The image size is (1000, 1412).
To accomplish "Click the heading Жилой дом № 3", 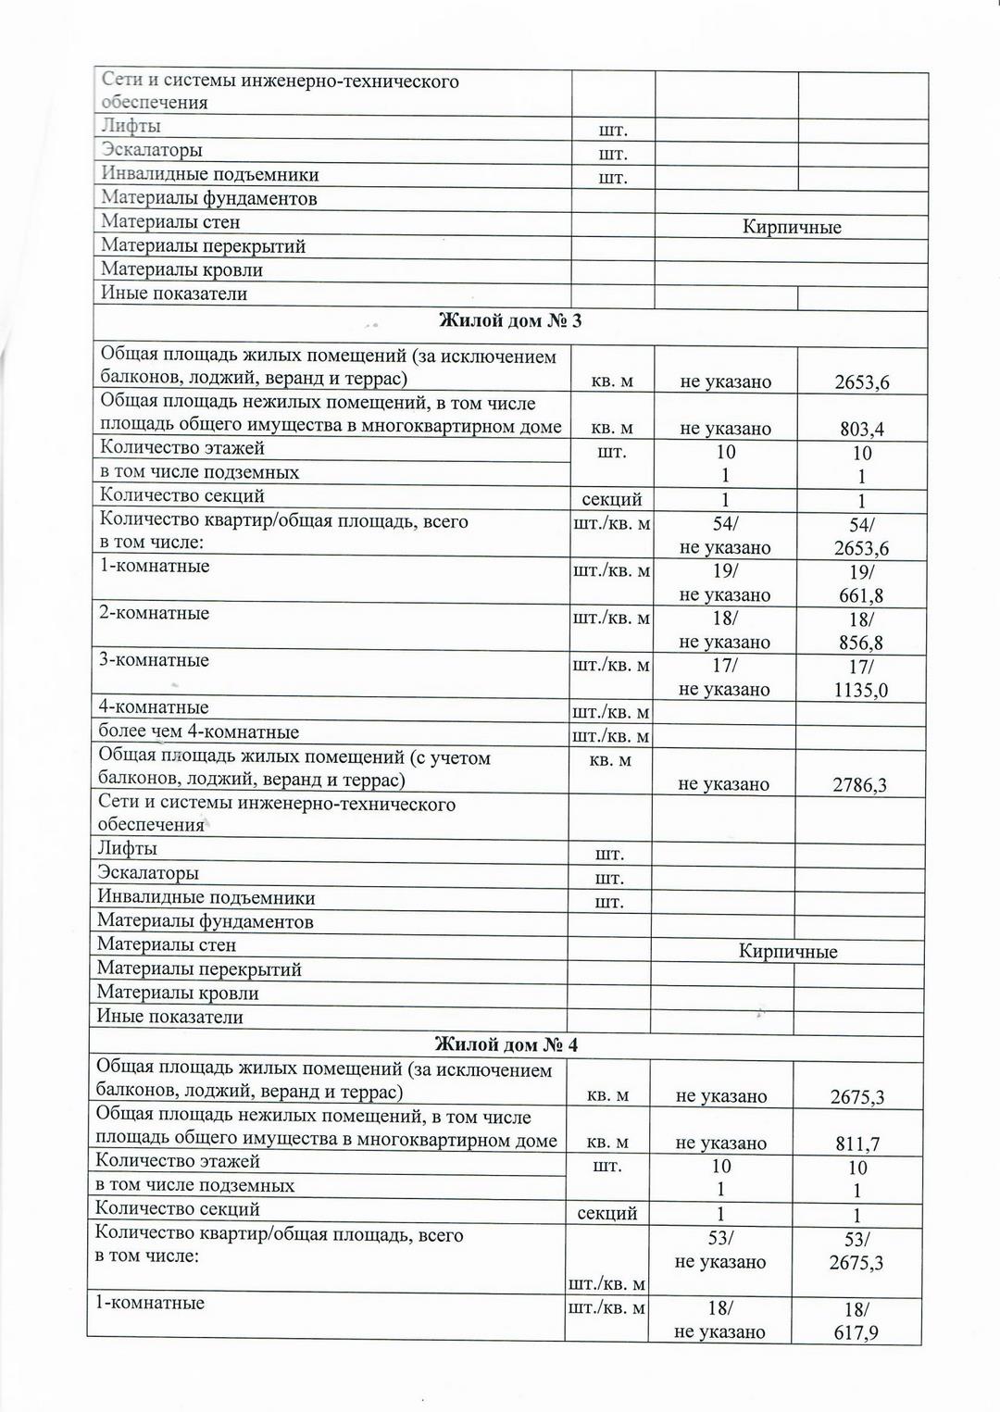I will point(509,321).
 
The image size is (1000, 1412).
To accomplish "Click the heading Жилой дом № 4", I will point(506,1044).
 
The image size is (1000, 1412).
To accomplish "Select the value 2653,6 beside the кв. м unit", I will point(861,381).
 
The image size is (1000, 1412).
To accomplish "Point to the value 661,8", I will point(861,595).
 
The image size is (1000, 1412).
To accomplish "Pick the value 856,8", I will point(861,643).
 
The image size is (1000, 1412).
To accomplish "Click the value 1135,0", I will point(860,690).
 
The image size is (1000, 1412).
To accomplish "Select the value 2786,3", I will point(858,785).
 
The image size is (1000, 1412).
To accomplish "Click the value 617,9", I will point(856,1332).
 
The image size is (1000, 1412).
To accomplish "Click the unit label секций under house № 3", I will point(611,499).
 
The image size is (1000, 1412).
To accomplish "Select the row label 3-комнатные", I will point(155,660).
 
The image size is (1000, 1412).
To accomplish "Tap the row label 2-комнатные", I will point(155,613).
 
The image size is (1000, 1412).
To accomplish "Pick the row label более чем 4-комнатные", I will point(199,731).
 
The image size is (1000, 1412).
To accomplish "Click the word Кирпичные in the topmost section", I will point(792,227).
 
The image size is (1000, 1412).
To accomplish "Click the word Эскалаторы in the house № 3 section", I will point(148,873).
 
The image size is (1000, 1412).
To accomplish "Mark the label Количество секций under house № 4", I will point(177,1208).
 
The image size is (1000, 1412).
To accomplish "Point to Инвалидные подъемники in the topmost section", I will point(209,174).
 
